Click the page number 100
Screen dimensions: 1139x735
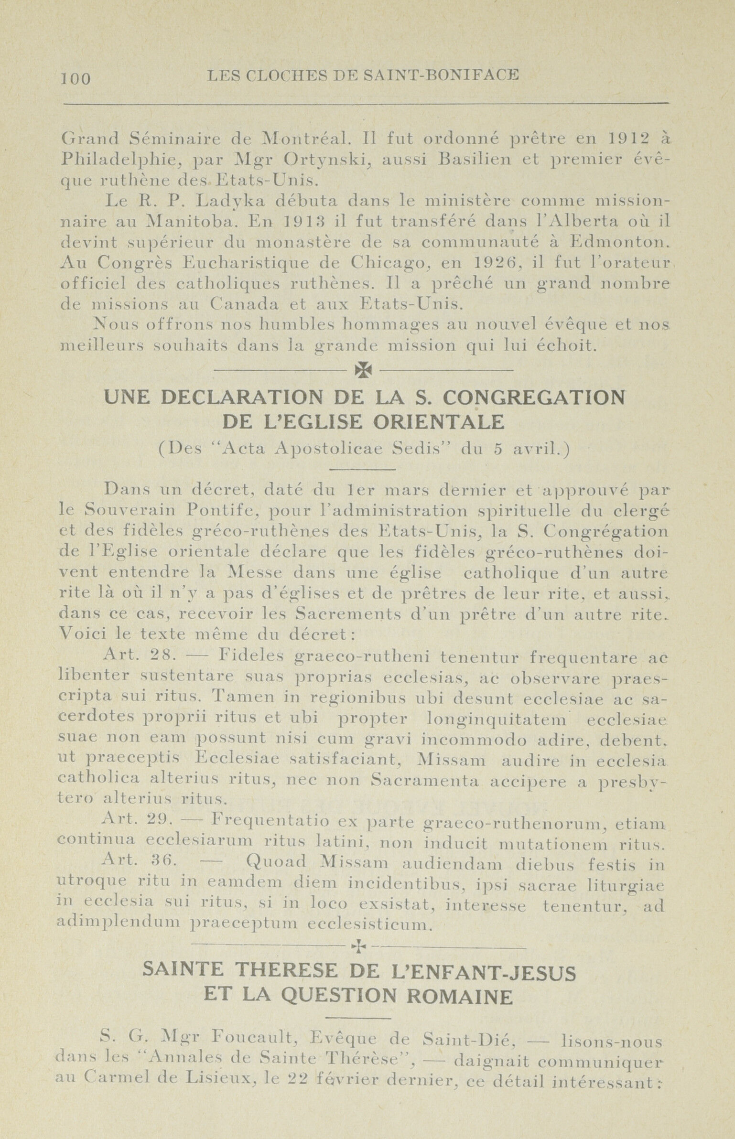pyautogui.click(x=76, y=78)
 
